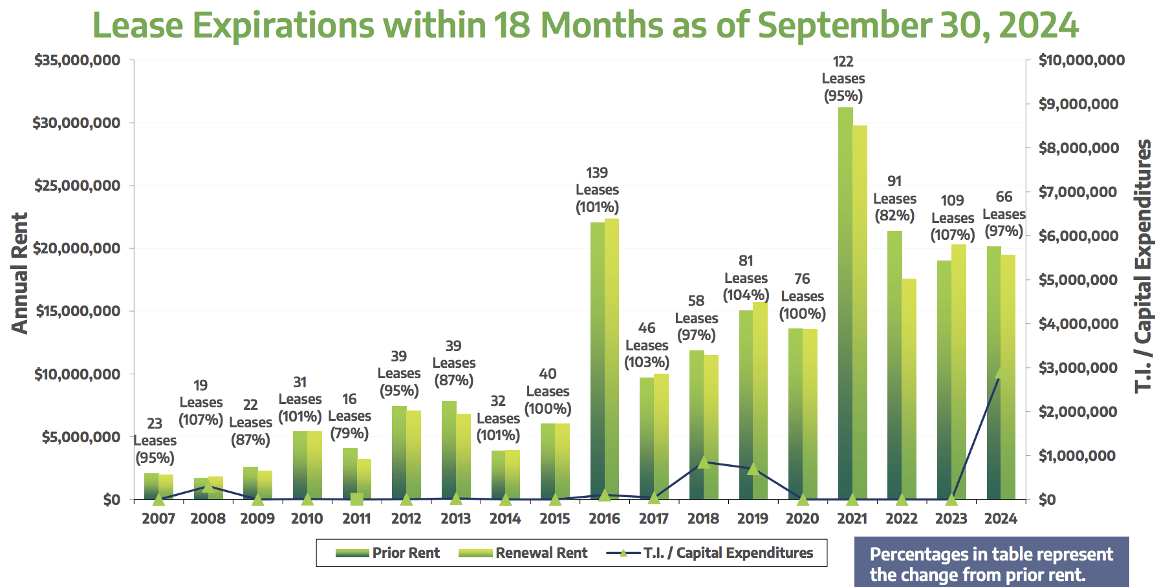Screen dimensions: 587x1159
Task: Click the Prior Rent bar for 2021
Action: point(845,304)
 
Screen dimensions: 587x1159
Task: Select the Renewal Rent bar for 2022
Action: point(909,388)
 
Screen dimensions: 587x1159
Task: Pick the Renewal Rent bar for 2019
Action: point(760,401)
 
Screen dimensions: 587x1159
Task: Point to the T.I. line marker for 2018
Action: point(704,462)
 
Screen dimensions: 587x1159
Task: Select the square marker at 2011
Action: point(356,498)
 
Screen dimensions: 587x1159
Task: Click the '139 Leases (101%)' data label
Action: point(597,190)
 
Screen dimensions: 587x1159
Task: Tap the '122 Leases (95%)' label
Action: point(843,79)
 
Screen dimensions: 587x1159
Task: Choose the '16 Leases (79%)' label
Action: point(349,416)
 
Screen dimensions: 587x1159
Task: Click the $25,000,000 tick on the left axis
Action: point(77,186)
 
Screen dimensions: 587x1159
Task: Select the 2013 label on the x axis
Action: point(455,518)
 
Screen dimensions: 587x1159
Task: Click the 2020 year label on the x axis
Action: point(802,518)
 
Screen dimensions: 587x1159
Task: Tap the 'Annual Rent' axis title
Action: point(20,273)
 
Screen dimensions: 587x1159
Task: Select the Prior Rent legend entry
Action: point(388,553)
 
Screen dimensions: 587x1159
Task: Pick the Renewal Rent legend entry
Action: point(523,553)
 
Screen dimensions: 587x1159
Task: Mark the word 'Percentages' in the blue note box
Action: point(909,555)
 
